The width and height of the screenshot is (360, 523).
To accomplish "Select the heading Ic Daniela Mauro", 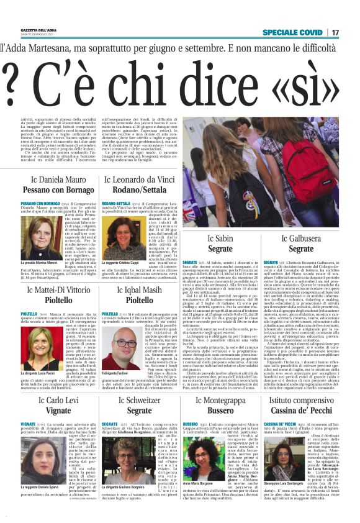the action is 59,179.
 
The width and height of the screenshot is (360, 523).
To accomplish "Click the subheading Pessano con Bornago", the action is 59,190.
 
